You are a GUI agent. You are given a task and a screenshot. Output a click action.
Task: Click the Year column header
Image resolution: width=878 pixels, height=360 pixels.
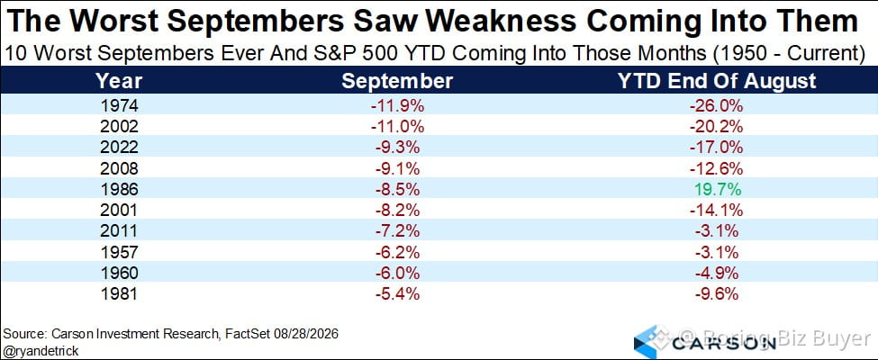119,81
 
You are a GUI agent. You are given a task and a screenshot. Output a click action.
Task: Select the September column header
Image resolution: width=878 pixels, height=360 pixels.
397,81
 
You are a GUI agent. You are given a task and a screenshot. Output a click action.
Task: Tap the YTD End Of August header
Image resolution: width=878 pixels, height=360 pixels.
718,81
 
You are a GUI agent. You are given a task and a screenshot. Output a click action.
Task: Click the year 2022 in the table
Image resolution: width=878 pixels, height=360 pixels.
119,148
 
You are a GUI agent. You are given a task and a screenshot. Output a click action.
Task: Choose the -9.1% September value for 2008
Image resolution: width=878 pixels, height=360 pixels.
397,168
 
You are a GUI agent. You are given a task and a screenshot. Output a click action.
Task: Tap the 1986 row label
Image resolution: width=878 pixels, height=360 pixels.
119,190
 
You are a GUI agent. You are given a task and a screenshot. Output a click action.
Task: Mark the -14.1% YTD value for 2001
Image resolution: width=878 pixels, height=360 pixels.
718,211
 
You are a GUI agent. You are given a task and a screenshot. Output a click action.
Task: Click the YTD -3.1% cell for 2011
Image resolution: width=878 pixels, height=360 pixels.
718,231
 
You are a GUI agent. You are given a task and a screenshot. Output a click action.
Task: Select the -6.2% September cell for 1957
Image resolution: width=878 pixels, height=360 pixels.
397,253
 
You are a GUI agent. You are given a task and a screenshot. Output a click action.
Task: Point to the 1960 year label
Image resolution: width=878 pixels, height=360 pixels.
119,274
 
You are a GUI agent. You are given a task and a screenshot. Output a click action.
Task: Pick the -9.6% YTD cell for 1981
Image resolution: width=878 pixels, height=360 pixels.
718,294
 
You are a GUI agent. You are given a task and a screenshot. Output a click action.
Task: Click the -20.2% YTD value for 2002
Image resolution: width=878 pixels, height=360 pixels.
718,127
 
